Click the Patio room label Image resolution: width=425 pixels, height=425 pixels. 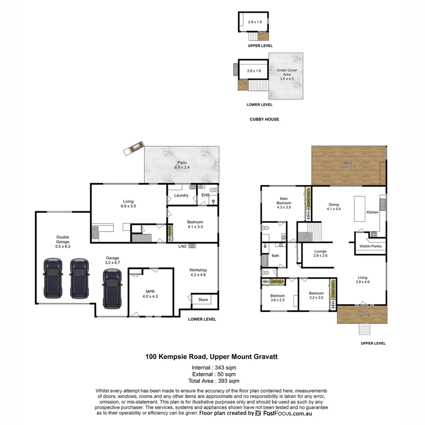(x=182, y=165)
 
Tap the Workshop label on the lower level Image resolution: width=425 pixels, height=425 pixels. (x=198, y=272)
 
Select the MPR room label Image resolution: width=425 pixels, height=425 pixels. (x=150, y=294)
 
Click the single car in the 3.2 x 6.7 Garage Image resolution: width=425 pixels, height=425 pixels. (x=111, y=288)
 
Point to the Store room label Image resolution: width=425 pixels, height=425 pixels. (x=203, y=299)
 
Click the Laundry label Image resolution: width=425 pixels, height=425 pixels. (x=181, y=195)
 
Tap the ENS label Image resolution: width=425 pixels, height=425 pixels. (x=206, y=195)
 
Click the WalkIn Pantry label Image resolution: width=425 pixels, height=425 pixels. (x=370, y=246)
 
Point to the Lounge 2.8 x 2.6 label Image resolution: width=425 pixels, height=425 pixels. (x=320, y=253)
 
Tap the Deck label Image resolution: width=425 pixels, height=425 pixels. (x=348, y=165)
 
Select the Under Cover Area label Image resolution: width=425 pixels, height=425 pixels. (x=287, y=74)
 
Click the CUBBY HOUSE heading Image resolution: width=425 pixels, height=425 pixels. (x=264, y=119)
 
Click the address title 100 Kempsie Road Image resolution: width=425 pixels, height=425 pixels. (x=212, y=357)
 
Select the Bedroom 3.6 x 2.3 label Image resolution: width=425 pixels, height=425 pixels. (x=277, y=298)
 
